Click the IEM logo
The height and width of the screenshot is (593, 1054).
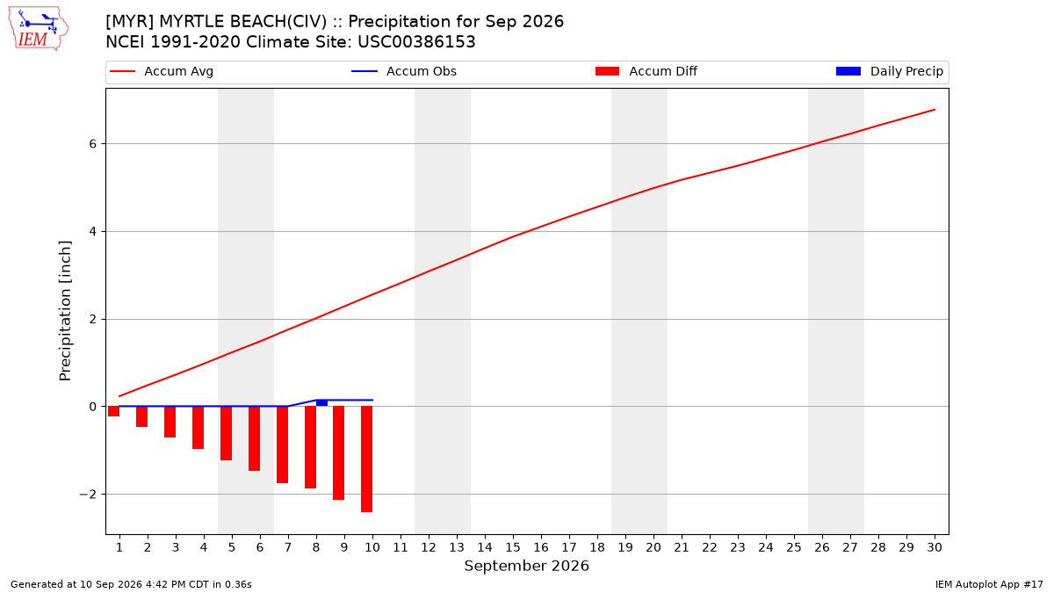(39, 29)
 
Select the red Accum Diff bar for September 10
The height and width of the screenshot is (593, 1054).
(366, 459)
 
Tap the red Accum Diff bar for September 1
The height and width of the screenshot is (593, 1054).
(113, 411)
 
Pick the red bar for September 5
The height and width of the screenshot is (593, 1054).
(226, 433)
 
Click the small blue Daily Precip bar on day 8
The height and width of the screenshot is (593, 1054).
(321, 403)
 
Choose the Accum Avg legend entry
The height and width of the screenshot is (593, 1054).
(162, 71)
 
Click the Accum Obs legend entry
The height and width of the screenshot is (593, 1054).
(404, 71)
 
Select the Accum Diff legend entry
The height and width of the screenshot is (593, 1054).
(646, 71)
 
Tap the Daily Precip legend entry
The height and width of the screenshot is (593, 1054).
(889, 71)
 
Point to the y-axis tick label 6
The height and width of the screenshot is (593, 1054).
(93, 143)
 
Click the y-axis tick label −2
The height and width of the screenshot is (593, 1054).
(88, 494)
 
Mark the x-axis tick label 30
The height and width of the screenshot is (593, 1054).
(935, 547)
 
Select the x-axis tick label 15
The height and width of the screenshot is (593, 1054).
(513, 547)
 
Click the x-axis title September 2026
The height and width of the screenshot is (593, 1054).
(526, 566)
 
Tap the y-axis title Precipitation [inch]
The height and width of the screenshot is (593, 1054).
(65, 311)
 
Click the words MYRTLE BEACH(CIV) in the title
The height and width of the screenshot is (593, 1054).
(242, 22)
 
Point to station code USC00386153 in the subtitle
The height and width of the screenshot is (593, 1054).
(416, 42)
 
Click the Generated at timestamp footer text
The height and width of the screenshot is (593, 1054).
(131, 584)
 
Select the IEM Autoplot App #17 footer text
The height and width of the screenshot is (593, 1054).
(989, 584)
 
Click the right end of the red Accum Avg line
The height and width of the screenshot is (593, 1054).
(935, 110)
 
